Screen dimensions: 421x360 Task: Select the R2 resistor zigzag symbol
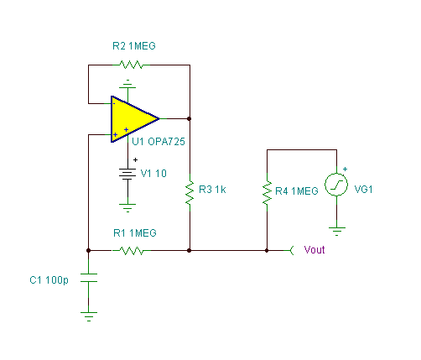coord(131,65)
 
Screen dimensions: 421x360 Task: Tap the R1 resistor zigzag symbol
coord(132,251)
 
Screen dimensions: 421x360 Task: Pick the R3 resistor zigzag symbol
coord(190,192)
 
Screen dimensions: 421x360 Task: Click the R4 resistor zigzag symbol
coord(267,192)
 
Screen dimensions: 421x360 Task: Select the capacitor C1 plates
coord(89,278)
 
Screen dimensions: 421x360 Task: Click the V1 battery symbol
coord(127,174)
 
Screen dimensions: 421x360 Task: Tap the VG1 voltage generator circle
coord(336,185)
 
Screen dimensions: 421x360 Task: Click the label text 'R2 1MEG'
coord(134,46)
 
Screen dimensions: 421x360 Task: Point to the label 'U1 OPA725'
coord(159,142)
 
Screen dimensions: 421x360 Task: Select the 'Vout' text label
coord(314,250)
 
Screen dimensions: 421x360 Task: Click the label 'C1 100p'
coord(49,280)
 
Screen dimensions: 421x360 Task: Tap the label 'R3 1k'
coord(212,190)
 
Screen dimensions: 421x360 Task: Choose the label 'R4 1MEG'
coord(297,191)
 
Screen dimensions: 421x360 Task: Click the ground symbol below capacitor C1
coord(89,316)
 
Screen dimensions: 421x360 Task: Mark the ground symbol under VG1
coord(337,232)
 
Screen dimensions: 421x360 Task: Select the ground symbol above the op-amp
coord(127,84)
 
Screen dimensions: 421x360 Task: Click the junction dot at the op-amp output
coord(190,119)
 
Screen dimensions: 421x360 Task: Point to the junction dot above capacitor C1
coord(88,251)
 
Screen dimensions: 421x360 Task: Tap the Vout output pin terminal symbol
coord(291,251)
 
